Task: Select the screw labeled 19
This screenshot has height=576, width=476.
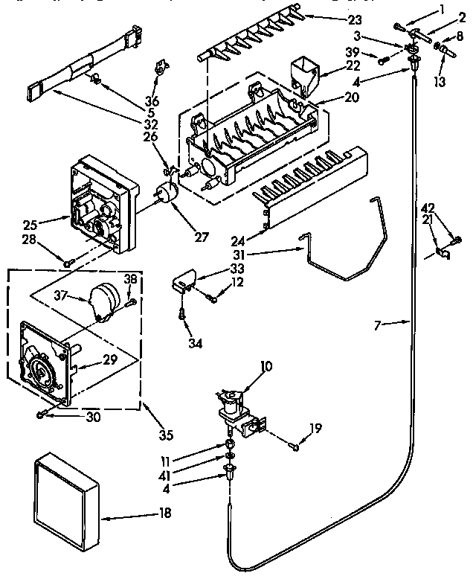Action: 294,447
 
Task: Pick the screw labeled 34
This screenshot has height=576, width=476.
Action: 182,315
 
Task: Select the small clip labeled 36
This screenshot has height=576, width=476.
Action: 159,68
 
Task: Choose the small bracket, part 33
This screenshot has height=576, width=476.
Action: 182,283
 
